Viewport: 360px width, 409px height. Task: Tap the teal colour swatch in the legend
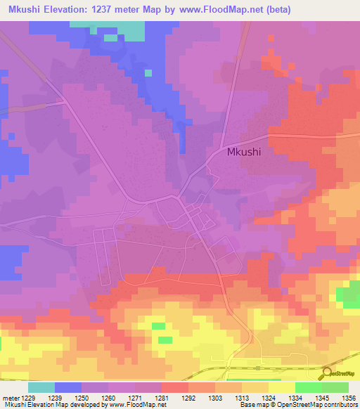pos(41,387)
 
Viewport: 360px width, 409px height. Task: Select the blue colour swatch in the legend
pos(68,387)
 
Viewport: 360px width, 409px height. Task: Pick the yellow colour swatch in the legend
pos(281,387)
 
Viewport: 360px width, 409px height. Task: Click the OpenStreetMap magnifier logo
pos(327,374)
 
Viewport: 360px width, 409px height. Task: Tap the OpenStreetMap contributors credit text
pos(326,405)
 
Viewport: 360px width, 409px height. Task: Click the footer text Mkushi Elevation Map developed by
pos(49,405)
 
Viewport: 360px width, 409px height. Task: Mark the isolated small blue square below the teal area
pos(148,72)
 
